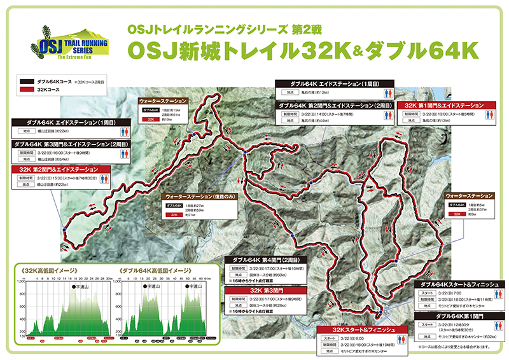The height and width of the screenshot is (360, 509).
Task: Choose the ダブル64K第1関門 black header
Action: tap(461, 315)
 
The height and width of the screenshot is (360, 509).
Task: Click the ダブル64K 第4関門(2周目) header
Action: tap(268, 260)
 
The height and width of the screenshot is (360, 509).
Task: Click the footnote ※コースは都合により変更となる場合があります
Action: tap(454, 347)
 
